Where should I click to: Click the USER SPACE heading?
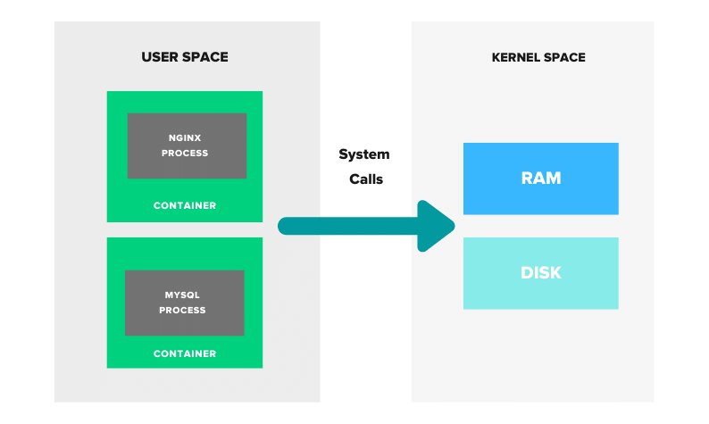point(185,57)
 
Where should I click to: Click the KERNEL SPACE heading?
point(538,57)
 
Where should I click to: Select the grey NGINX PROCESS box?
point(187,145)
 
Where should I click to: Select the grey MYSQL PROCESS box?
point(184,303)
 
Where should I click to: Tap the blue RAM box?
point(540,179)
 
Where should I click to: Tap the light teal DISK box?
point(540,273)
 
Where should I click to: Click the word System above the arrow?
point(363,154)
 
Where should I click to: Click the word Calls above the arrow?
point(365,179)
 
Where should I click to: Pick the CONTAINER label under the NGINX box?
point(185,205)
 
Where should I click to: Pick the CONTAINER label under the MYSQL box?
point(185,353)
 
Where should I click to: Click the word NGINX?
point(185,138)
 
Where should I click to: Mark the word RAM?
point(540,179)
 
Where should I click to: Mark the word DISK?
point(540,273)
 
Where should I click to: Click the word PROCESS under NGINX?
point(185,153)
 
